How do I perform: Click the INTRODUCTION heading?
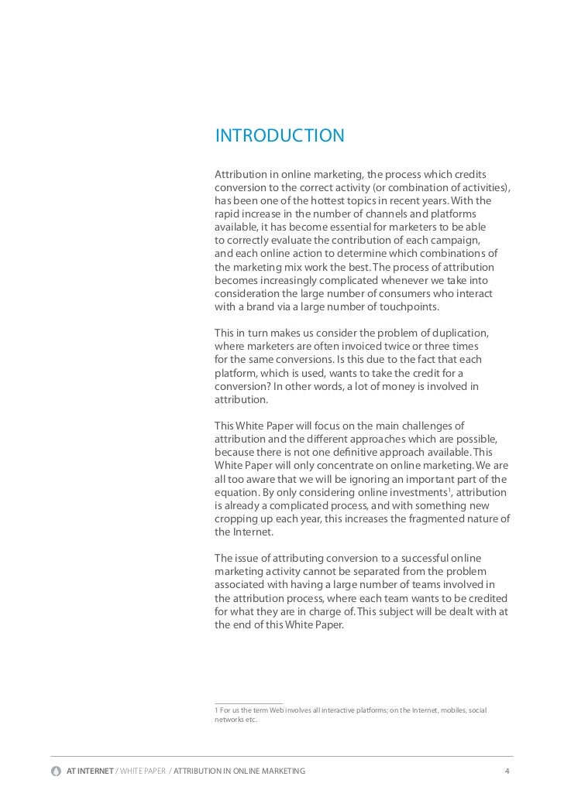(279, 137)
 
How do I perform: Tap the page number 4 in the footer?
(507, 771)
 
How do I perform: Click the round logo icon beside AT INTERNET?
(57, 771)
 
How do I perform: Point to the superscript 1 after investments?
(449, 490)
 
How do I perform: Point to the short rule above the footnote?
(248, 702)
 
